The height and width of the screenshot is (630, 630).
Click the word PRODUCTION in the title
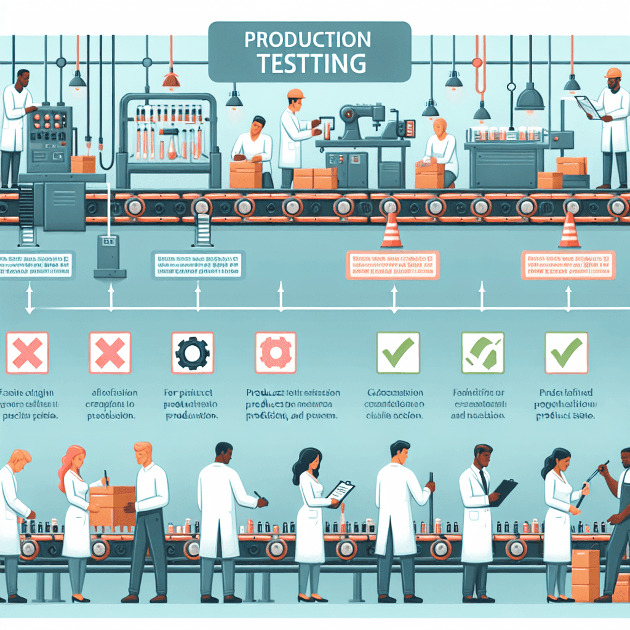[x=308, y=41]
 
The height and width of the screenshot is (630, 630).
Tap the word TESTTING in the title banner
[x=311, y=63]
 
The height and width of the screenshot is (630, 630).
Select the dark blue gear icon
[x=193, y=353]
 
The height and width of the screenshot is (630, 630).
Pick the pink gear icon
[x=275, y=353]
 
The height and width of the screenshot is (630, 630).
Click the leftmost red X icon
[x=26, y=353]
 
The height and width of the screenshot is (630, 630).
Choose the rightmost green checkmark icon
[x=566, y=353]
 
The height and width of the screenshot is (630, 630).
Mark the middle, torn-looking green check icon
[x=483, y=353]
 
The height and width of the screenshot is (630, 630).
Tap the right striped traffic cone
[x=569, y=231]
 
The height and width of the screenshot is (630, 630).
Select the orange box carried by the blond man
[x=113, y=505]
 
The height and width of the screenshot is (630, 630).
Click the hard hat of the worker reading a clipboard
[x=613, y=73]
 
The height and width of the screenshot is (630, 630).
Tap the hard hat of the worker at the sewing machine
[x=296, y=94]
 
